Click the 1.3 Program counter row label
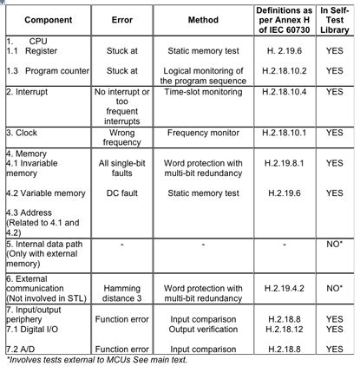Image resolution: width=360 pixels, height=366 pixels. tap(43, 69)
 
